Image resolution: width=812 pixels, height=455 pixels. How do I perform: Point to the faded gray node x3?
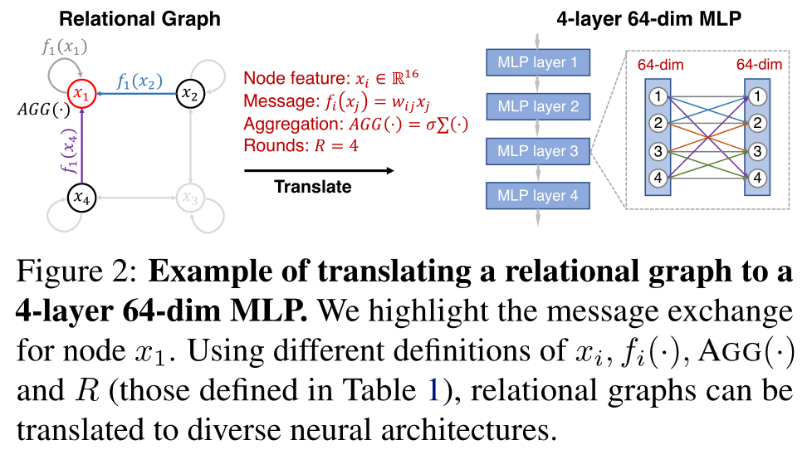[x=192, y=198]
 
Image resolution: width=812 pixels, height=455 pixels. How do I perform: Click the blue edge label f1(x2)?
[x=139, y=82]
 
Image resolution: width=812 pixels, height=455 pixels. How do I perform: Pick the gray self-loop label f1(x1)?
[x=63, y=46]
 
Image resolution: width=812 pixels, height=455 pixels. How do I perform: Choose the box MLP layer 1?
[x=537, y=62]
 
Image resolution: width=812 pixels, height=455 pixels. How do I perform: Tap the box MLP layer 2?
[x=537, y=106]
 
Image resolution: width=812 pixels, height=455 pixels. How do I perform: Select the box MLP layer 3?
[x=537, y=151]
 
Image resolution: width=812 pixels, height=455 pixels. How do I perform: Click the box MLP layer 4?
[x=537, y=196]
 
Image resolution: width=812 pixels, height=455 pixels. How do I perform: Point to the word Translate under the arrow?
[x=313, y=187]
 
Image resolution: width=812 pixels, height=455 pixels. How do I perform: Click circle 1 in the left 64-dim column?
[x=658, y=97]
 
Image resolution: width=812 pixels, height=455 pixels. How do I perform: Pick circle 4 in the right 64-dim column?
[x=757, y=177]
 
